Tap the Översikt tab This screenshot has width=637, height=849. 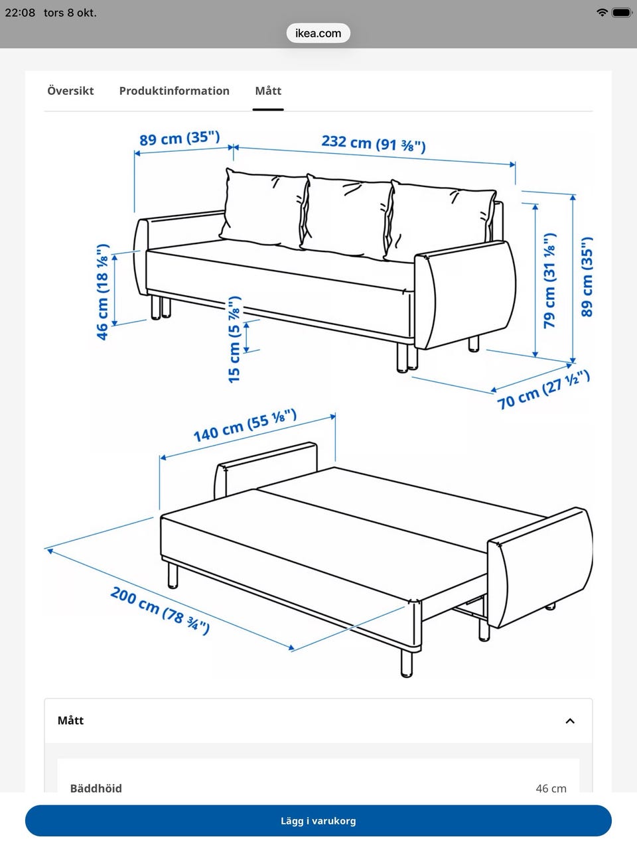click(x=70, y=91)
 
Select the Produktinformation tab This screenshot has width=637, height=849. click(x=174, y=91)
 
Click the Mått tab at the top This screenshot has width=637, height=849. click(x=268, y=91)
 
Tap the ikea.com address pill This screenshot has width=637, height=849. click(x=318, y=33)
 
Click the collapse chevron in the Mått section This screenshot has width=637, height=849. click(x=570, y=721)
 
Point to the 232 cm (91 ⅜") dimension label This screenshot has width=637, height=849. click(x=374, y=143)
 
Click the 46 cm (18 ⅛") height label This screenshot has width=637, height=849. click(x=103, y=292)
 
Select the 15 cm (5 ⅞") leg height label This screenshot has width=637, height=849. click(x=234, y=339)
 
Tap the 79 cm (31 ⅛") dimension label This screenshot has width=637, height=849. click(x=549, y=281)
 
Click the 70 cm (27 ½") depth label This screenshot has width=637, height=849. click(x=543, y=389)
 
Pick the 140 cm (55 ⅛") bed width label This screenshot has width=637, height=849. click(x=245, y=425)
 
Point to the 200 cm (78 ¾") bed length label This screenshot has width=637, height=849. click(x=160, y=611)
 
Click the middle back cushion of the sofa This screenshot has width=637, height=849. click(x=347, y=217)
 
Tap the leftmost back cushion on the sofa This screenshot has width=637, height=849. click(x=265, y=208)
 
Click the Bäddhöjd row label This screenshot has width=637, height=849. click(x=96, y=788)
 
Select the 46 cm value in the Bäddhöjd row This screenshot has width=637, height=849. click(x=551, y=788)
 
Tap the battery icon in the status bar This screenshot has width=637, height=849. click(x=622, y=13)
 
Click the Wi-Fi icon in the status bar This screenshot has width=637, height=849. click(x=602, y=13)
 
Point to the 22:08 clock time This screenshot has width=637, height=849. click(x=20, y=13)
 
